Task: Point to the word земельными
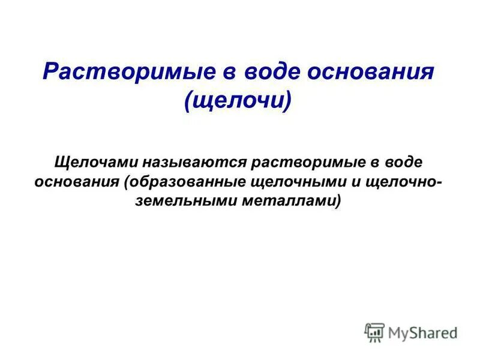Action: [x=187, y=202]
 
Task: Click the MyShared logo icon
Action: [x=374, y=332]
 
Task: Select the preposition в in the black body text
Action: [x=377, y=163]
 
